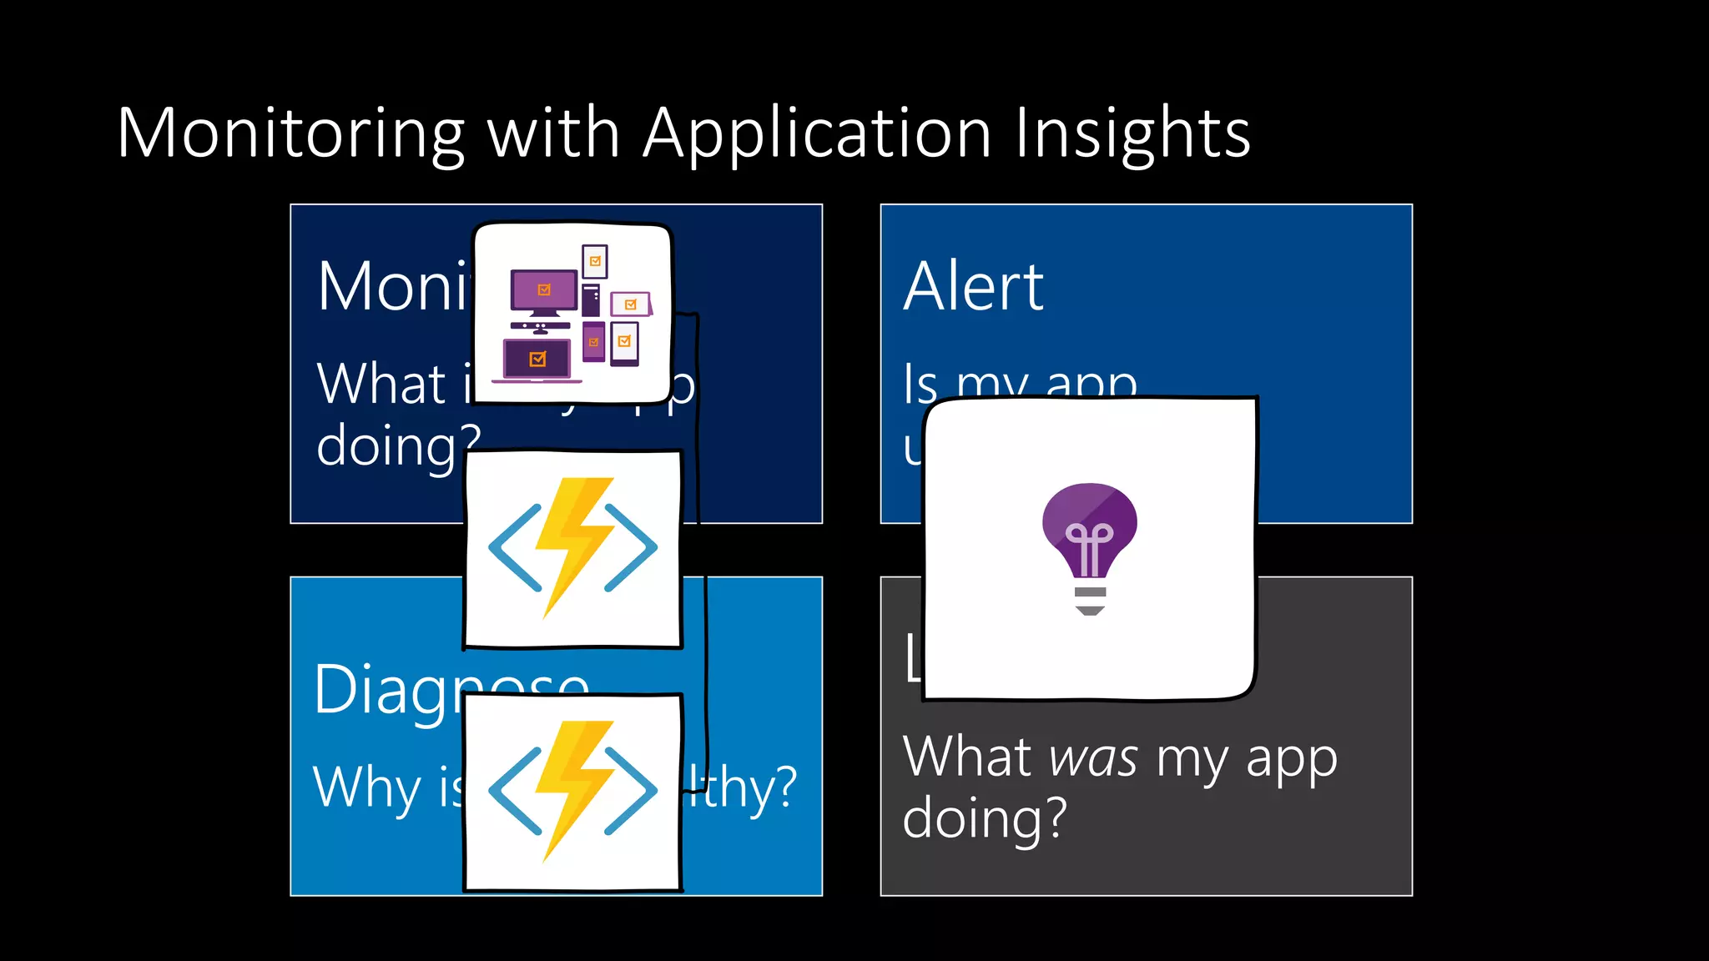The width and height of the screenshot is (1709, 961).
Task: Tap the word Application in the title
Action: coord(817,133)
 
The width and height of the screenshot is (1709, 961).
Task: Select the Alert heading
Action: coord(973,287)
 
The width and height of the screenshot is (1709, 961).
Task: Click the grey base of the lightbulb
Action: coord(1090,600)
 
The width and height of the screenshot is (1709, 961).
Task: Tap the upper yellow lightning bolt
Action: coord(574,542)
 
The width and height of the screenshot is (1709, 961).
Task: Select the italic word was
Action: coord(1093,758)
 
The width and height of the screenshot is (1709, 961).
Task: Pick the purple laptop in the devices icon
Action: coord(537,360)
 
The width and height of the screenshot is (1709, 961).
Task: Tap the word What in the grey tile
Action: coord(968,758)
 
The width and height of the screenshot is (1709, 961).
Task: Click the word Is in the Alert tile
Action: coord(920,385)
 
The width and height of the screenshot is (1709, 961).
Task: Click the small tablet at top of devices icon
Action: coord(595,261)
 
